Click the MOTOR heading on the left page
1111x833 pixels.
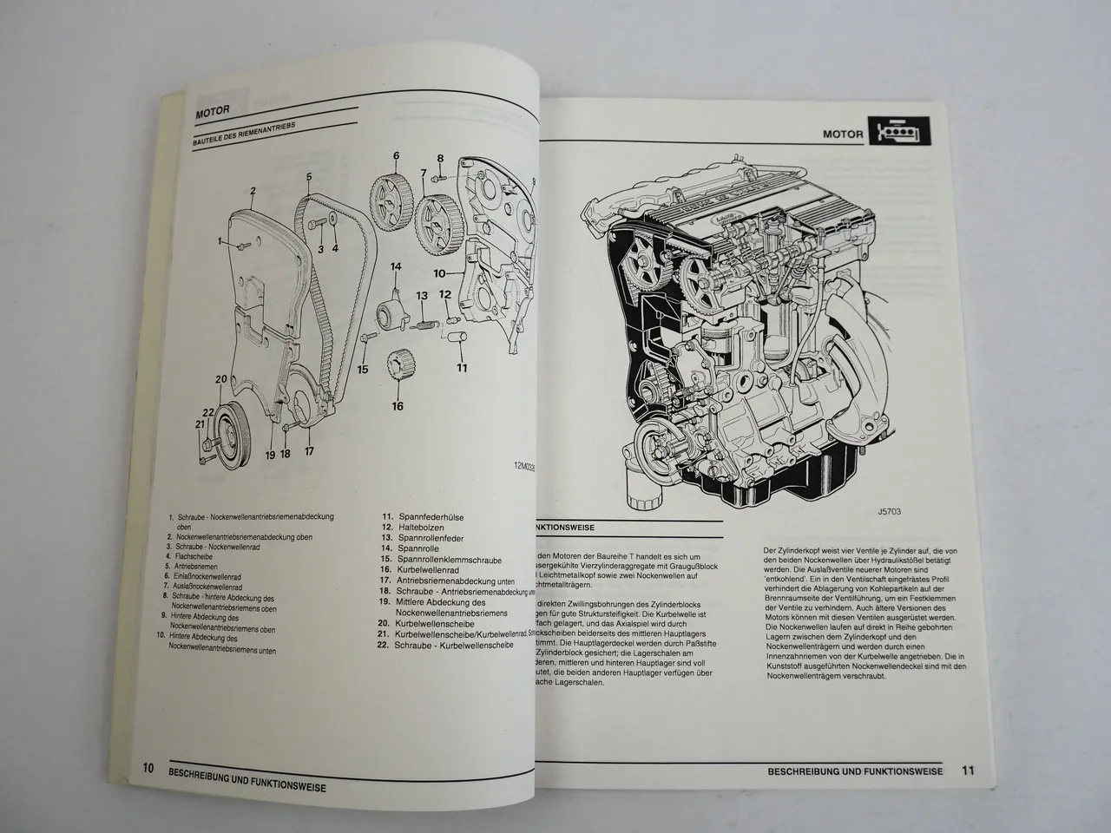tap(214, 112)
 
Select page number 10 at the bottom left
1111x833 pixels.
tap(148, 767)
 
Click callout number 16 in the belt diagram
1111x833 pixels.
tap(397, 405)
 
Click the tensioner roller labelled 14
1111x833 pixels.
tap(391, 308)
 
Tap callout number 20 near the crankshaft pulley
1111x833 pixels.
tap(220, 378)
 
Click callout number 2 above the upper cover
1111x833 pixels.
tap(252, 191)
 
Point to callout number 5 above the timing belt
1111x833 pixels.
tap(308, 177)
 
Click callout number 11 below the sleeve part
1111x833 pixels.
tap(462, 367)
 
